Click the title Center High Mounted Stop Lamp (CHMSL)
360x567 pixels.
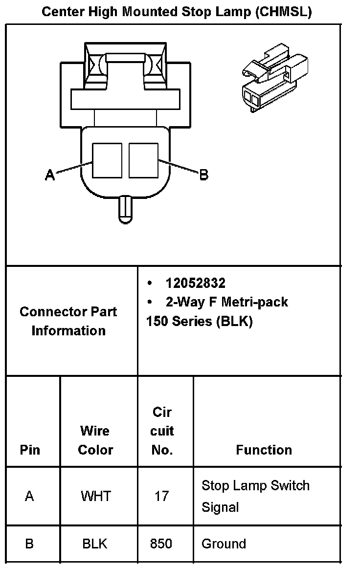pyautogui.click(x=177, y=12)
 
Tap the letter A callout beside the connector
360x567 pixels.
pyautogui.click(x=50, y=174)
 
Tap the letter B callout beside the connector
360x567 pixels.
pyautogui.click(x=204, y=175)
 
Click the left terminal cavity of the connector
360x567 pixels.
pyautogui.click(x=107, y=160)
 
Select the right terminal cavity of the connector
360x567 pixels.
pyautogui.click(x=144, y=160)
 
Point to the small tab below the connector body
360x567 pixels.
pyautogui.click(x=125, y=210)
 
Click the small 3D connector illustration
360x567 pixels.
pyautogui.click(x=275, y=78)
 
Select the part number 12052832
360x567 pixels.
pyautogui.click(x=195, y=283)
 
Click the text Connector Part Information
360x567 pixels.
pyautogui.click(x=68, y=321)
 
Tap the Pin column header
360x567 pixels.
pyautogui.click(x=30, y=450)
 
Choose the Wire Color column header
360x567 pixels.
pyautogui.click(x=95, y=440)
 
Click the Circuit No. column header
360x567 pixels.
pyautogui.click(x=162, y=431)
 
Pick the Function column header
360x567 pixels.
pyautogui.click(x=264, y=450)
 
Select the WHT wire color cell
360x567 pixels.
pyautogui.click(x=95, y=496)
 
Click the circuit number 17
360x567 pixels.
pyautogui.click(x=162, y=496)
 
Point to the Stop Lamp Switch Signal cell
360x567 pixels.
pyautogui.click(x=255, y=496)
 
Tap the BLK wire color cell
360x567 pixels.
pyautogui.click(x=95, y=544)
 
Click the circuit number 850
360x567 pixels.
pyautogui.click(x=161, y=544)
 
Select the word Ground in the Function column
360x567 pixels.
pyautogui.click(x=224, y=544)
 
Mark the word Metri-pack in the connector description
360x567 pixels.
pyautogui.click(x=255, y=302)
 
